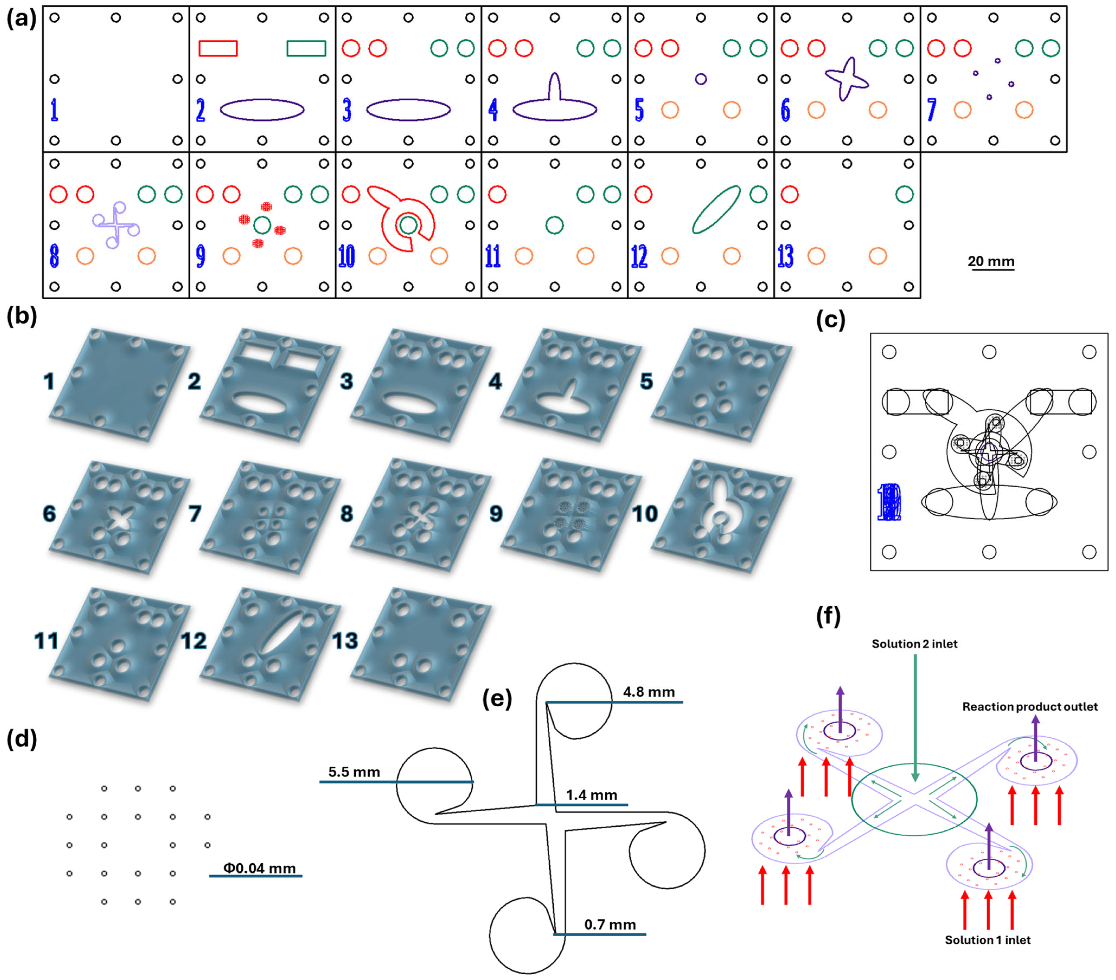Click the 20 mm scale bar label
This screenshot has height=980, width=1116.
click(x=991, y=261)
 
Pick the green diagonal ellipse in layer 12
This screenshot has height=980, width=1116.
click(x=716, y=210)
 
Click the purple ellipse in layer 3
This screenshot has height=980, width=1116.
click(x=408, y=110)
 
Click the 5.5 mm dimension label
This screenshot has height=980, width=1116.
click(x=354, y=772)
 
